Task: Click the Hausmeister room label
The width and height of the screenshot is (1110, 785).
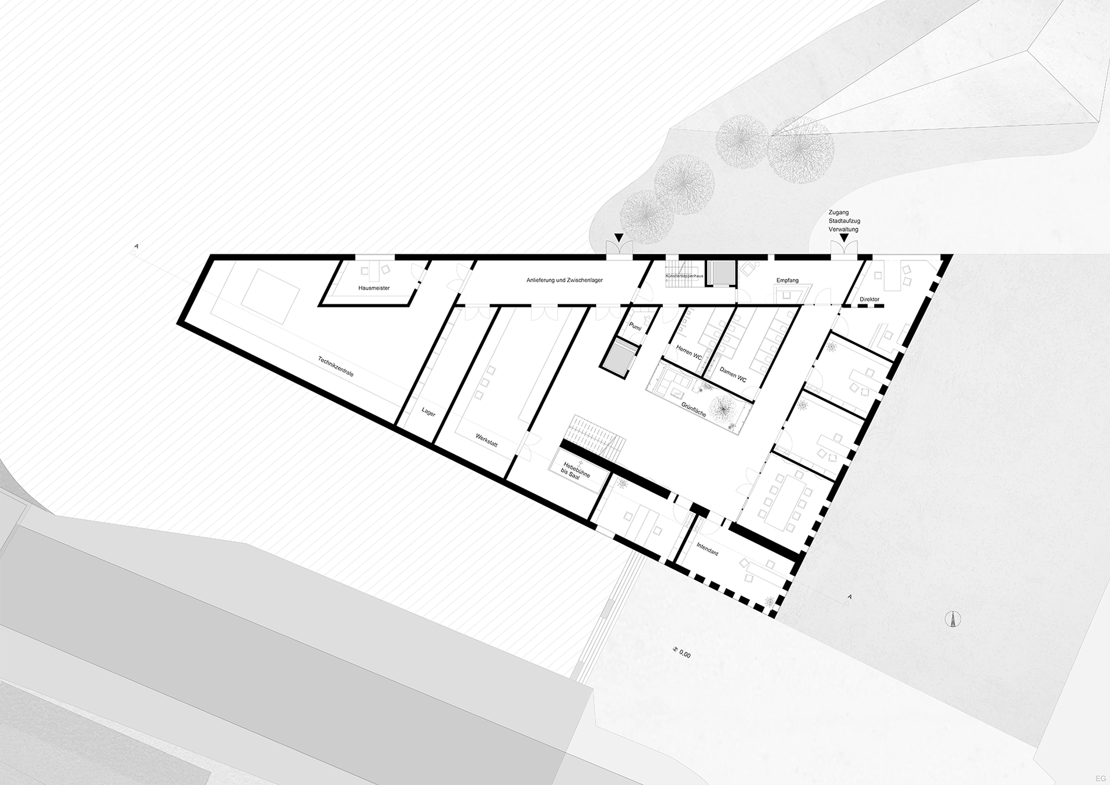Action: (x=374, y=288)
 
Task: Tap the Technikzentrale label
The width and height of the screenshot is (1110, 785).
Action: (x=335, y=367)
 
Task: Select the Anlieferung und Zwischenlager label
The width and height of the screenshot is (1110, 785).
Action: (x=564, y=281)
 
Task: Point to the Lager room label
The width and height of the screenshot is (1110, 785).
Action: (x=428, y=412)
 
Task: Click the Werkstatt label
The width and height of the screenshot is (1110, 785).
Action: (x=486, y=440)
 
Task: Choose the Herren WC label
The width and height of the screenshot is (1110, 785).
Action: (x=689, y=352)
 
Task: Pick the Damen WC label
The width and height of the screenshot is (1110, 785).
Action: (x=732, y=374)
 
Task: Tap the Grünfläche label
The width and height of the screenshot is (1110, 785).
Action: (x=694, y=409)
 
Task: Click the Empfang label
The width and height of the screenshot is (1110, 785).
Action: (x=787, y=281)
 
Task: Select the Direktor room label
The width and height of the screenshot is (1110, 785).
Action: (x=869, y=300)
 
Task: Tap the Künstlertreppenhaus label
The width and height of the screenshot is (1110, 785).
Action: (x=684, y=277)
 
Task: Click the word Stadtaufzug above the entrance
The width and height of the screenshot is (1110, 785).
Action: (x=843, y=221)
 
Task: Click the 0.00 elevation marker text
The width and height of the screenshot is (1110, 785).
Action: (x=684, y=654)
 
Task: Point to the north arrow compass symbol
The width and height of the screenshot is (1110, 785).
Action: (x=953, y=618)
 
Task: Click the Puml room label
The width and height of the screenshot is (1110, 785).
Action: (x=635, y=328)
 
